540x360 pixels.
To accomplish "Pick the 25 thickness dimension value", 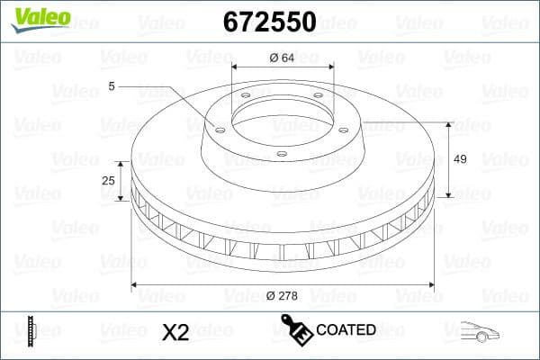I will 109,181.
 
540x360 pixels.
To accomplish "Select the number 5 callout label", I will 112,87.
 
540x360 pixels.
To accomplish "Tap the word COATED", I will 346,330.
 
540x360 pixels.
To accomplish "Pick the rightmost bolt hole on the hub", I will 346,126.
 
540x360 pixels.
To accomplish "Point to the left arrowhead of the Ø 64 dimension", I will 235,67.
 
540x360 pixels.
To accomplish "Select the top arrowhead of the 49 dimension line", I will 447,122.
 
